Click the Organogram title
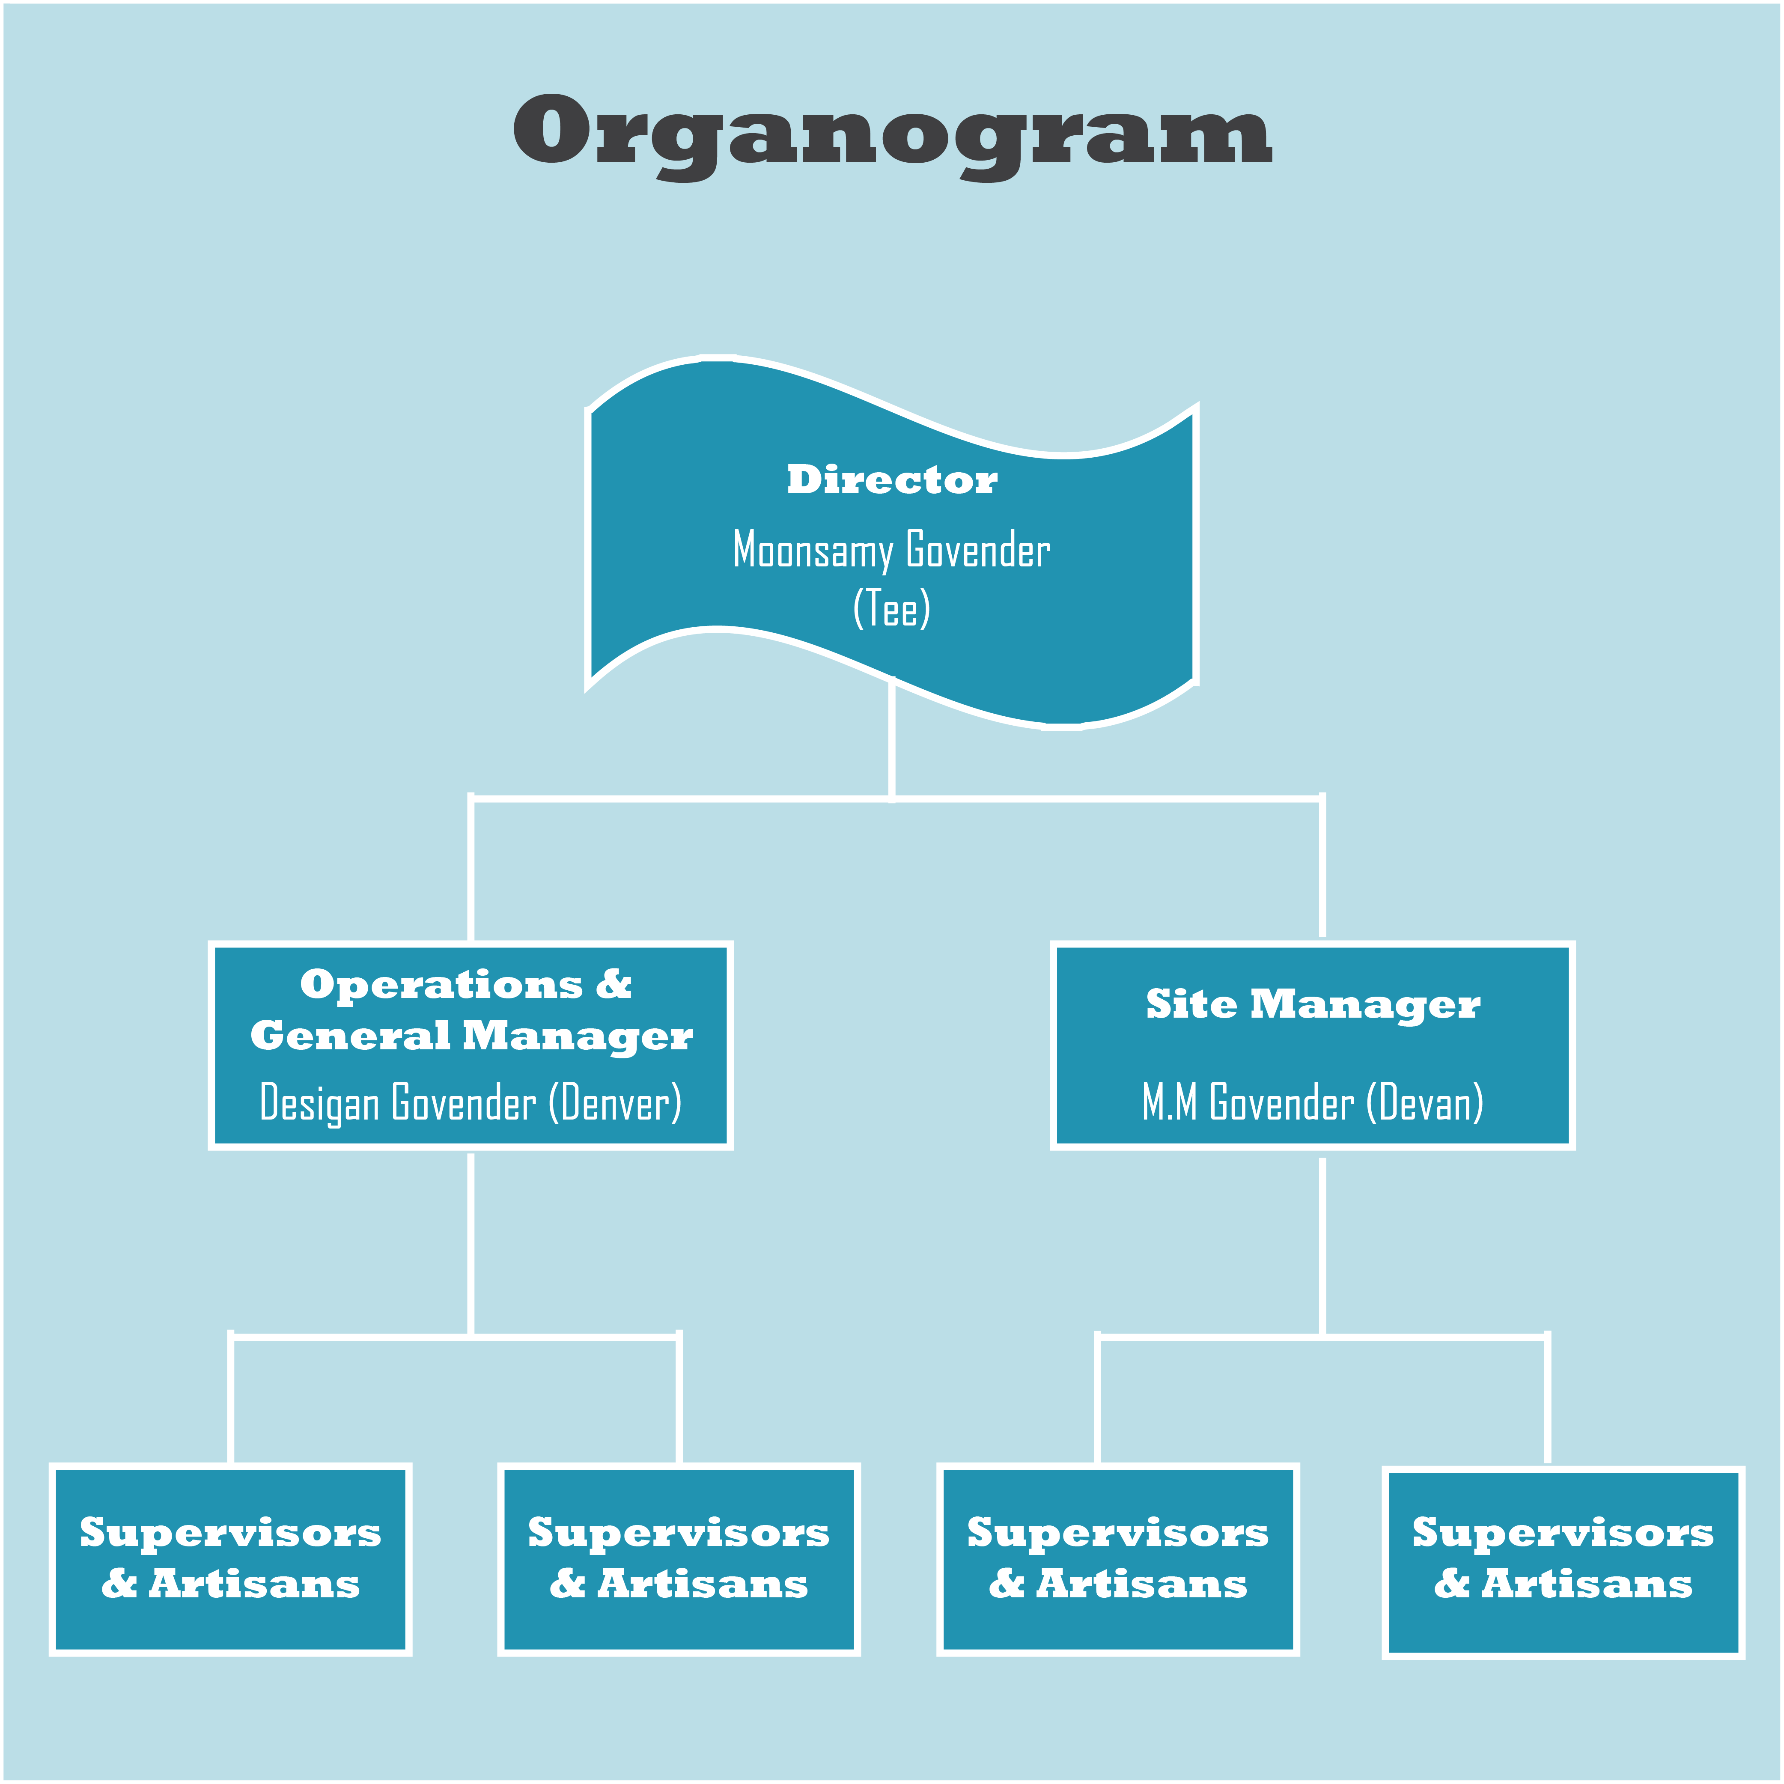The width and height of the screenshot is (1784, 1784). pos(892,134)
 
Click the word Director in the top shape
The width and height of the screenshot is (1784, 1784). pos(892,479)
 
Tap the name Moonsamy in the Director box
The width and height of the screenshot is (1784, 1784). pos(813,550)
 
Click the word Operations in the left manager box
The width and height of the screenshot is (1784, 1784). pos(441,984)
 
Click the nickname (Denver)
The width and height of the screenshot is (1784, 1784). pos(615,1102)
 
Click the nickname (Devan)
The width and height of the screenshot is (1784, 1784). pos(1425,1102)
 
